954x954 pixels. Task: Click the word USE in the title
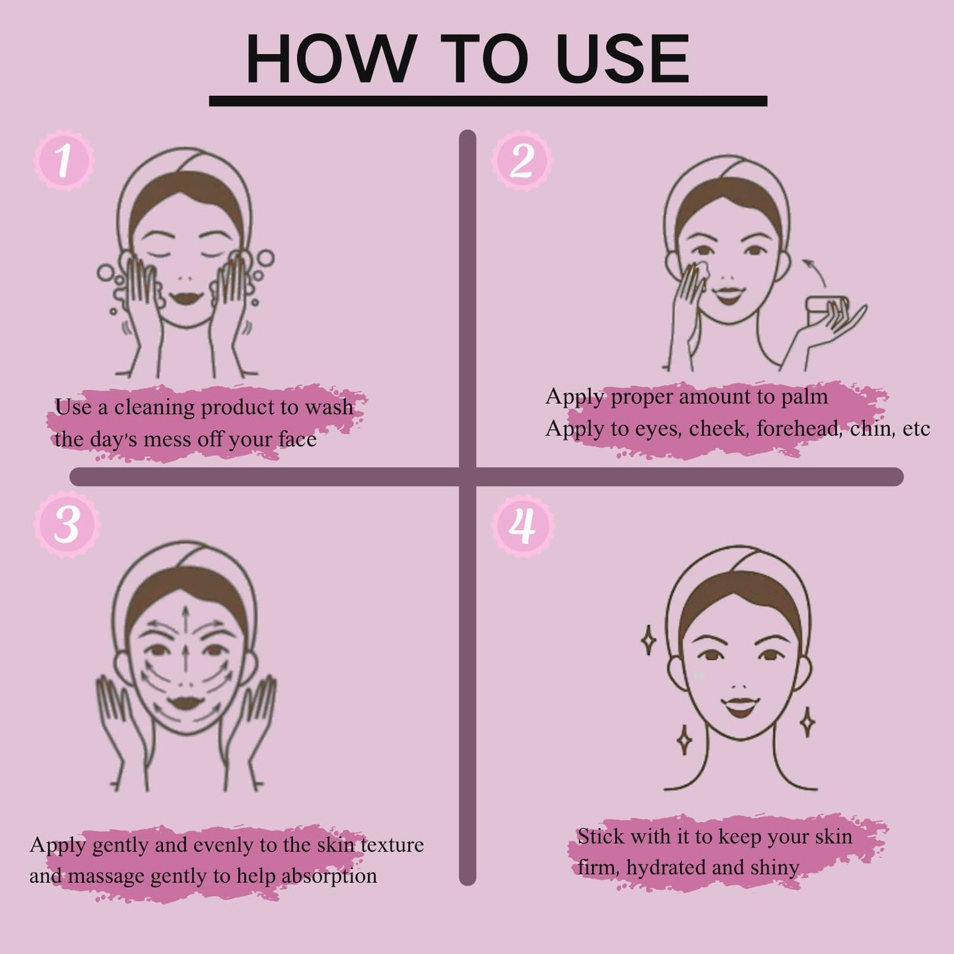(x=622, y=59)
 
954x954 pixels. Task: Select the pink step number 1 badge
(x=64, y=160)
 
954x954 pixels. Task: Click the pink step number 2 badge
(x=522, y=160)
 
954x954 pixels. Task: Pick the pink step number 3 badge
(x=67, y=524)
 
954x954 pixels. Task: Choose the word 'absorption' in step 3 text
(x=329, y=877)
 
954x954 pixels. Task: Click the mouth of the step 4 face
(x=739, y=707)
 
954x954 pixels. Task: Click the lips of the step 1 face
(x=186, y=298)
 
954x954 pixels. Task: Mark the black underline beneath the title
(x=488, y=101)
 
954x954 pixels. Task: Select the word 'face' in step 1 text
(x=297, y=440)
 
